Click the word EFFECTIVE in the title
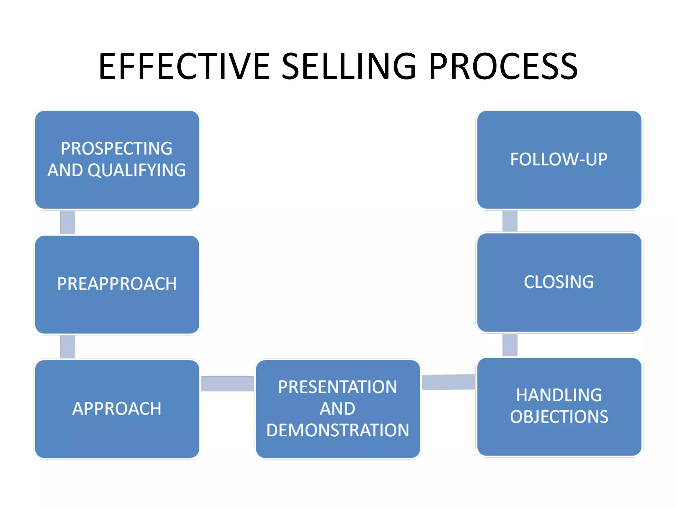(x=184, y=67)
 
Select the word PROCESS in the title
(x=503, y=67)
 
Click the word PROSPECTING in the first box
(x=117, y=149)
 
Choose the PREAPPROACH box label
(x=117, y=284)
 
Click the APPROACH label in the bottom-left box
(x=117, y=409)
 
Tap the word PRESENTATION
(x=337, y=387)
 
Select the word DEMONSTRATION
(x=338, y=430)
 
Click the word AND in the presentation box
(x=337, y=409)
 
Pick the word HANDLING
(x=559, y=395)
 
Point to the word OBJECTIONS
(x=559, y=417)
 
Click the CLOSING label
(x=559, y=282)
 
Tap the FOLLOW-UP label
(x=559, y=159)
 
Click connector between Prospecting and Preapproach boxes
(x=68, y=222)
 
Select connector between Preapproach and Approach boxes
(x=68, y=347)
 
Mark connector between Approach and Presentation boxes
(x=227, y=384)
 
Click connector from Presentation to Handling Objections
(x=449, y=382)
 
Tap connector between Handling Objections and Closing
(x=510, y=345)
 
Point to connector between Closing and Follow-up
(x=510, y=221)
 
